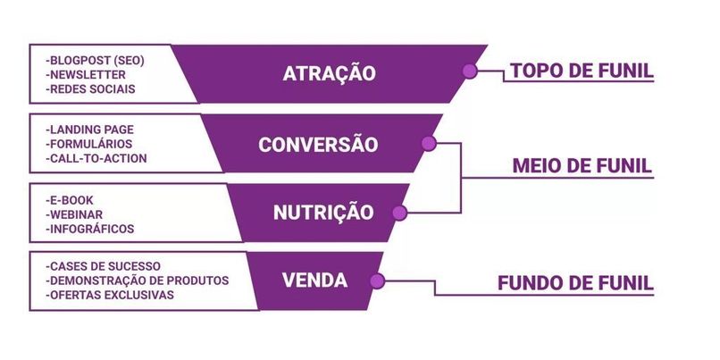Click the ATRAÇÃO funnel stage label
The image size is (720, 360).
[330, 73]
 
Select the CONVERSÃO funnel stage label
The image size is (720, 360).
[318, 145]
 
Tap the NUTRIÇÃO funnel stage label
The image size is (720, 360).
[311, 213]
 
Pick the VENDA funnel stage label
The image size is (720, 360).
[314, 280]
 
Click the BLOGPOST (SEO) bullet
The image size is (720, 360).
[95, 61]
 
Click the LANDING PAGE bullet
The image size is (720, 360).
[89, 130]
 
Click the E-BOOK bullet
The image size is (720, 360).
[70, 200]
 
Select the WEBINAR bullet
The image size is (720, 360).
[75, 214]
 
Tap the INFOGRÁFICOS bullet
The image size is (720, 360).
[89, 230]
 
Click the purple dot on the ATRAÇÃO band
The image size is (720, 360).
[468, 72]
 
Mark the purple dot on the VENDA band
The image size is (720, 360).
[377, 281]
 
